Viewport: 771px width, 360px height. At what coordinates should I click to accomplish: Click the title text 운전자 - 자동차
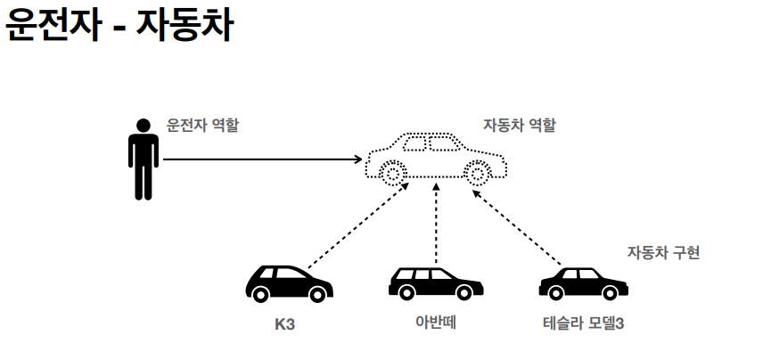(119, 27)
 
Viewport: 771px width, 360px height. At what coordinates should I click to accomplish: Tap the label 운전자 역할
(202, 126)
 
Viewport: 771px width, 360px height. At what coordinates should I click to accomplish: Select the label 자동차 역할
(519, 126)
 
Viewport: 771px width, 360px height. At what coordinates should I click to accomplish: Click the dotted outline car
(436, 158)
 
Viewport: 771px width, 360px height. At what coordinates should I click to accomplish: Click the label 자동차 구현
(663, 252)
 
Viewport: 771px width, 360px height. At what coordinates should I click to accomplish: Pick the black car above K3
(288, 282)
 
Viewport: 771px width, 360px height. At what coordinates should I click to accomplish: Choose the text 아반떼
(436, 323)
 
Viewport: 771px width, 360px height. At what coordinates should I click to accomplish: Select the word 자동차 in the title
(185, 27)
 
